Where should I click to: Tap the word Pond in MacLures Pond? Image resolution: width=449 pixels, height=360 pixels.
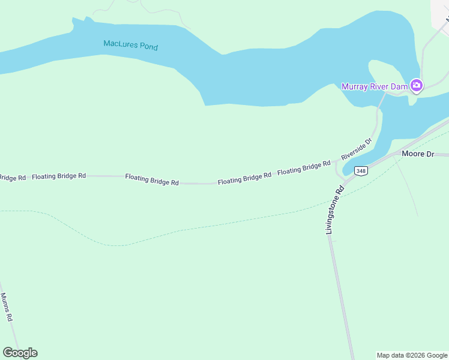(x=146, y=46)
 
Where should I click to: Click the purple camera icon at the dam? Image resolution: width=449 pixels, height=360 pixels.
(x=417, y=86)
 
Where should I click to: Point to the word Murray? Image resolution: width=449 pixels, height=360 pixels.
(x=354, y=86)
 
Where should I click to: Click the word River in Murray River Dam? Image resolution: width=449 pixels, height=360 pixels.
(x=380, y=86)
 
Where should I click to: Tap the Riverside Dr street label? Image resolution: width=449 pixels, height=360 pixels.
(x=357, y=148)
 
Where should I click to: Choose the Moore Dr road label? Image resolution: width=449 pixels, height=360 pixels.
(x=417, y=154)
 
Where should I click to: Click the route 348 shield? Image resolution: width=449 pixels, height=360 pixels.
(x=360, y=171)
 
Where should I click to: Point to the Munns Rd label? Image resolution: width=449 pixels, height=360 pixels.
(x=7, y=307)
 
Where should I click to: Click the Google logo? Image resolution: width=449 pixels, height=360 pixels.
(x=20, y=353)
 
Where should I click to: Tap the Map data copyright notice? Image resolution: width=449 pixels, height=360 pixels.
(x=411, y=355)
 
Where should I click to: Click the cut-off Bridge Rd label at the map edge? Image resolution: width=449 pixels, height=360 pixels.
(x=12, y=178)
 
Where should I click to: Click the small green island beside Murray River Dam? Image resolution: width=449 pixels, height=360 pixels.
(x=384, y=75)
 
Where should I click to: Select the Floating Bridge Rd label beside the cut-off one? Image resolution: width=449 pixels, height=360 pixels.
(x=59, y=176)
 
